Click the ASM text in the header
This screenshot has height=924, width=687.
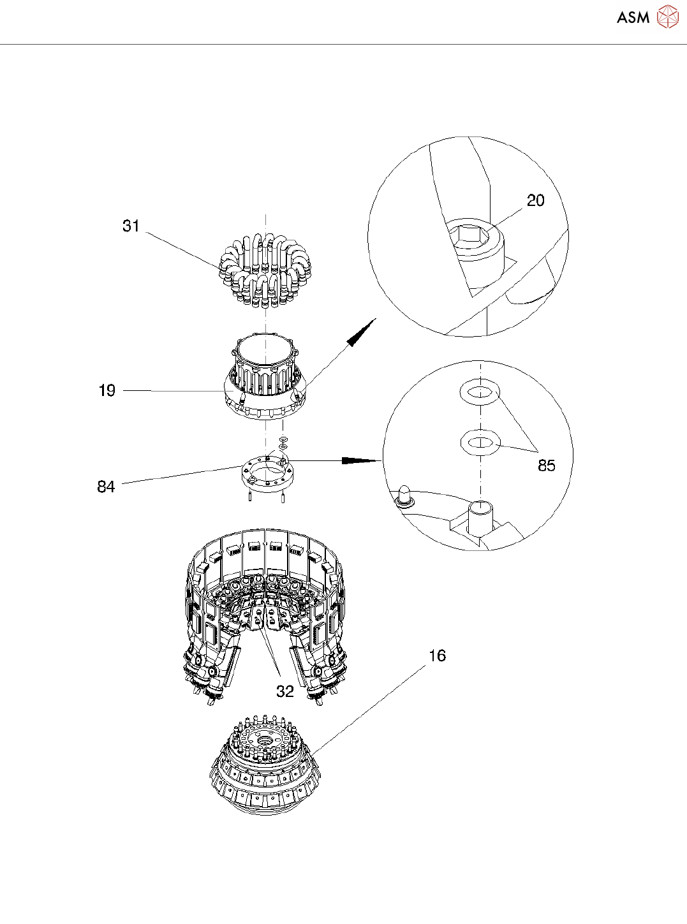click(632, 18)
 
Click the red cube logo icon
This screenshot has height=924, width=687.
click(667, 17)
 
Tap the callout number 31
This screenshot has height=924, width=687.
click(131, 226)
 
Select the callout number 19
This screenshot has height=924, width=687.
click(107, 390)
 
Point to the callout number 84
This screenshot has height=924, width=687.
click(106, 487)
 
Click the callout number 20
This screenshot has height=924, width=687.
click(535, 201)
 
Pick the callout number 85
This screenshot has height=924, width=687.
click(546, 466)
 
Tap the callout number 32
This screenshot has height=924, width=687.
click(284, 691)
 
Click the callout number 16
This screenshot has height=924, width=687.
click(437, 656)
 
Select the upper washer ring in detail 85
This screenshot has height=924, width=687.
click(480, 392)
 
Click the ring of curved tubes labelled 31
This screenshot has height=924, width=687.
click(264, 268)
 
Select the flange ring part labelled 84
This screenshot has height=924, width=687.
click(267, 472)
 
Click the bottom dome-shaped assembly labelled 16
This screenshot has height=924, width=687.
click(264, 772)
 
